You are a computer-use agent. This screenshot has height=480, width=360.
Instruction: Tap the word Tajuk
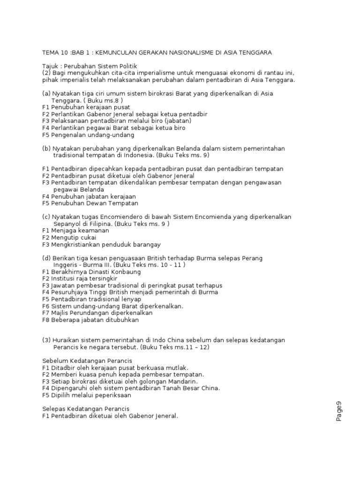51,66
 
